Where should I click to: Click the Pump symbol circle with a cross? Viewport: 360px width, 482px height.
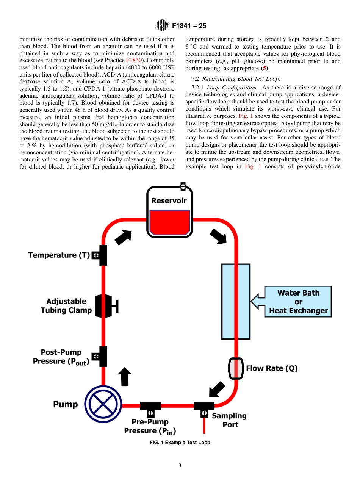[102, 404]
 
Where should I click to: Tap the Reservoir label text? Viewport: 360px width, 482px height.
[169, 201]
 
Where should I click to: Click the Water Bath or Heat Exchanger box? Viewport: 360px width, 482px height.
[298, 302]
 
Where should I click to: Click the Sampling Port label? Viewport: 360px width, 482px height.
[229, 420]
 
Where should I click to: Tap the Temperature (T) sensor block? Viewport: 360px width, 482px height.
[101, 255]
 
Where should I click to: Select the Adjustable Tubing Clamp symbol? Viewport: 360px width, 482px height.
[105, 306]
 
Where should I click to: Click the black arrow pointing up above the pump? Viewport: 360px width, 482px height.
[125, 377]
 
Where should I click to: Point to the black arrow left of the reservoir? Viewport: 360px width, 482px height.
[123, 237]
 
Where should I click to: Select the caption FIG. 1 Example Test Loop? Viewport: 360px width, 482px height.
[180, 443]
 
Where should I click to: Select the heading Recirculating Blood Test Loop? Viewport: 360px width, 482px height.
[241, 79]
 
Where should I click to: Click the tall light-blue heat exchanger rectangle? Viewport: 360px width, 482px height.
[236, 301]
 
